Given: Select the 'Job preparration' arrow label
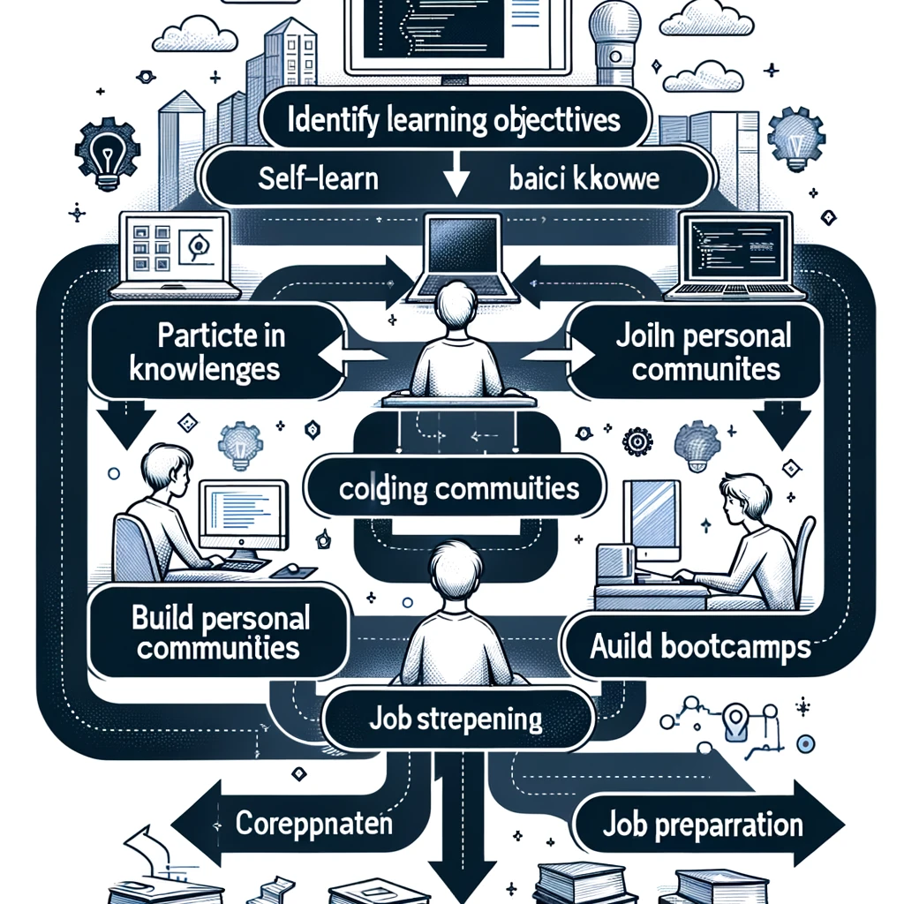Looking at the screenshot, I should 703,825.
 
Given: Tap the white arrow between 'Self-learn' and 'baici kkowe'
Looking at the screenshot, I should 456,181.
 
